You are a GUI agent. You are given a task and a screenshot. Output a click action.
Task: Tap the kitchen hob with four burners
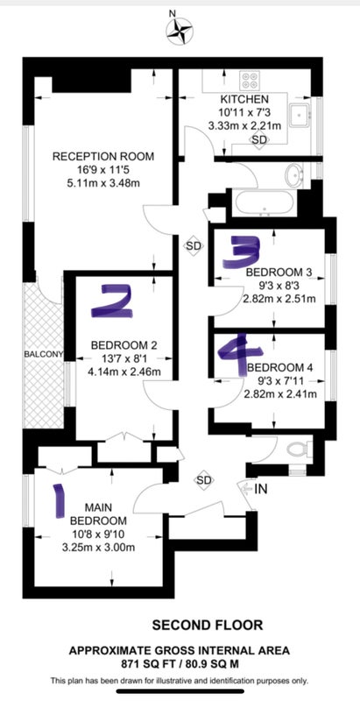tap(250, 80)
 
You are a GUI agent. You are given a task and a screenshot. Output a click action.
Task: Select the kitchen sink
tap(300, 116)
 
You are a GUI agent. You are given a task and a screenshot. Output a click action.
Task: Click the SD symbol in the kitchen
tap(259, 140)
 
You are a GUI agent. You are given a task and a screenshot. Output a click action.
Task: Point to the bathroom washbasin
tap(294, 175)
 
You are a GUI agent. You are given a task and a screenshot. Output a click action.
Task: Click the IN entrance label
tap(261, 489)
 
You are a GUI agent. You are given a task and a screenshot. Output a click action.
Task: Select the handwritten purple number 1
tap(58, 500)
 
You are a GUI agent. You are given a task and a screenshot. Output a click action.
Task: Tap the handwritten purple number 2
tap(112, 302)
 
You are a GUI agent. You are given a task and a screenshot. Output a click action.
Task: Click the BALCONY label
tap(43, 355)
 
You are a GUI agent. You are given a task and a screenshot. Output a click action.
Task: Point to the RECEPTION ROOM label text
tap(103, 157)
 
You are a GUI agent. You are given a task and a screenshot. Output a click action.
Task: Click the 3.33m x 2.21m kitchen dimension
tap(244, 126)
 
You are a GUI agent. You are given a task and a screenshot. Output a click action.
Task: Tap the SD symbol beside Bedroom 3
tap(194, 246)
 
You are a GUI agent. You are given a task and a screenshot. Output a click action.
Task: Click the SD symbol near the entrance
tap(204, 480)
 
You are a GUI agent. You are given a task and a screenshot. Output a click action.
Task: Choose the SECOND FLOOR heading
tap(208, 625)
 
